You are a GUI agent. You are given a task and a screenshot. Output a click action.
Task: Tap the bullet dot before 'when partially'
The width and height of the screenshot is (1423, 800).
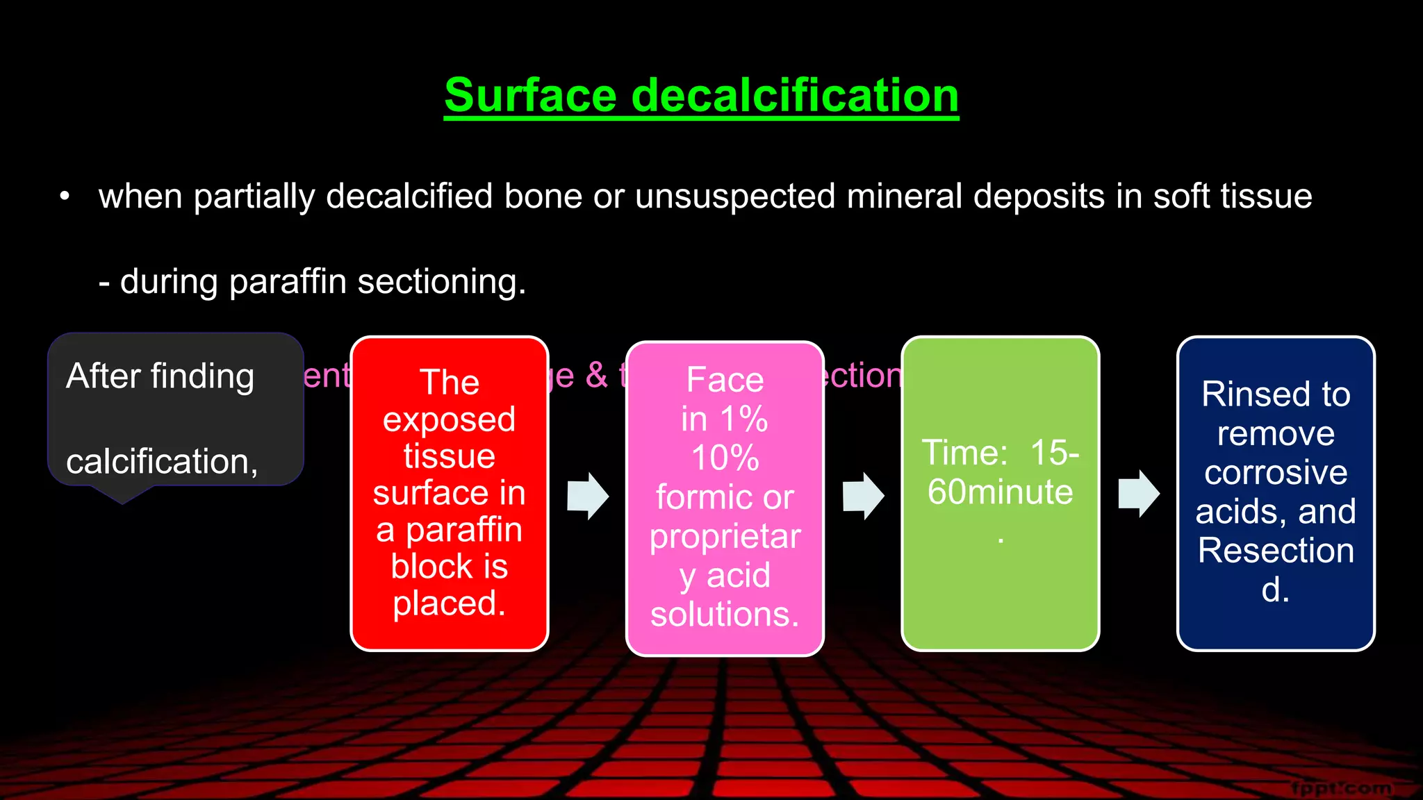click(65, 197)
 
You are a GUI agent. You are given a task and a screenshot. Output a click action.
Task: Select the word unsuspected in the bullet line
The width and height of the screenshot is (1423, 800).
click(735, 197)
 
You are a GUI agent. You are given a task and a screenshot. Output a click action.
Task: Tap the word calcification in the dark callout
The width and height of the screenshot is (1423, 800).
click(161, 462)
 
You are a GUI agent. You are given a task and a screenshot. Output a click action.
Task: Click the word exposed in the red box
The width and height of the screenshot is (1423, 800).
click(449, 419)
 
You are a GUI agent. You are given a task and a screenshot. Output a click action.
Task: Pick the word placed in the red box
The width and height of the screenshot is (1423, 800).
click(448, 603)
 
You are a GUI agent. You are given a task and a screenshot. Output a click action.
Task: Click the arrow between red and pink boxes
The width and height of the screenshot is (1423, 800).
click(588, 496)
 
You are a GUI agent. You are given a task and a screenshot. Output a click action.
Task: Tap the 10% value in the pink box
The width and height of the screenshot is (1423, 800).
click(725, 458)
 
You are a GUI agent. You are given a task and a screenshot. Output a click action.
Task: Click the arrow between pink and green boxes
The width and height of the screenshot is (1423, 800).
click(863, 496)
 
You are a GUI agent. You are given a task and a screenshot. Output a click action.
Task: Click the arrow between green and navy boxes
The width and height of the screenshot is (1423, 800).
click(1139, 494)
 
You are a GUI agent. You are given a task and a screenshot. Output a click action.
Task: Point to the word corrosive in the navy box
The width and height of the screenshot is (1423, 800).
click(1276, 473)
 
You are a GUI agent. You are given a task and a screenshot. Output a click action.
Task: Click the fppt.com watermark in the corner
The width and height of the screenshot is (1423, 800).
click(1341, 788)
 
